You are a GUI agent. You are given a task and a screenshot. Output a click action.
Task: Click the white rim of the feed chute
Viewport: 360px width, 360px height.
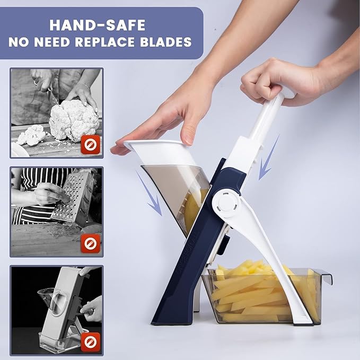pyautogui.click(x=159, y=151)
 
